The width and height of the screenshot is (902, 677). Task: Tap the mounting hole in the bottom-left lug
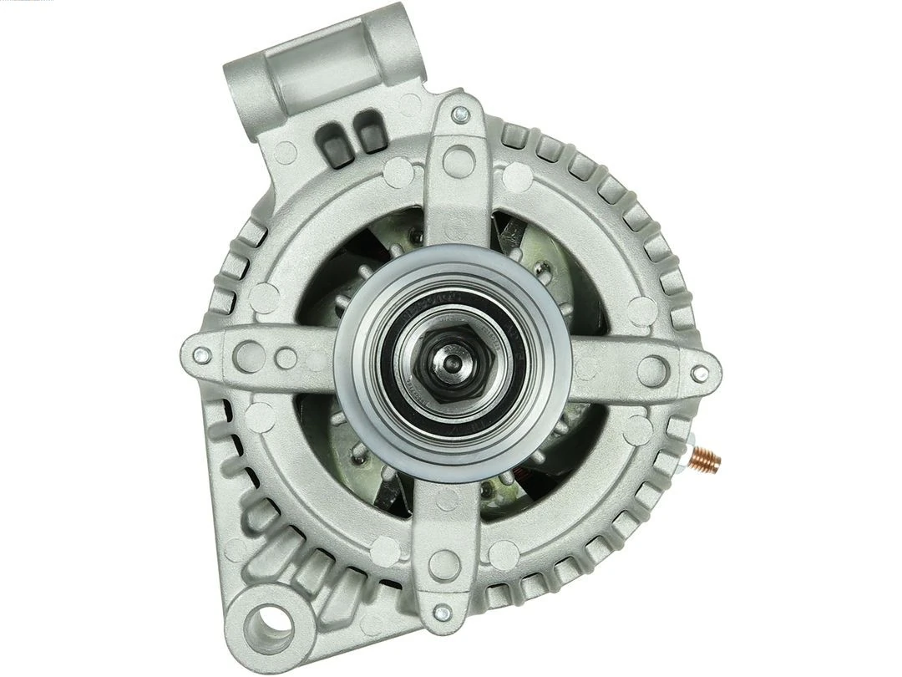[271, 622]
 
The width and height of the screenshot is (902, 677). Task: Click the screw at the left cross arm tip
[198, 354]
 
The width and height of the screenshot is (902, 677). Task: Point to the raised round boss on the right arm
[651, 369]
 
